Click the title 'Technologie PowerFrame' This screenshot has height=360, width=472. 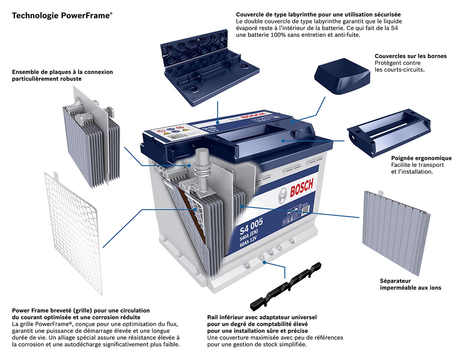tap(62, 16)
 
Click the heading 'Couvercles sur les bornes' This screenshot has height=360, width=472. tap(410, 56)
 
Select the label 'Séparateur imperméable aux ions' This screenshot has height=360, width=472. tap(410, 284)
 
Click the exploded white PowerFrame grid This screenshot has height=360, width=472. tap(73, 231)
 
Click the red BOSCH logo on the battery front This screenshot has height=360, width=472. tap(301, 188)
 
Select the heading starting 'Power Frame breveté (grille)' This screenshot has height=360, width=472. tap(81, 310)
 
